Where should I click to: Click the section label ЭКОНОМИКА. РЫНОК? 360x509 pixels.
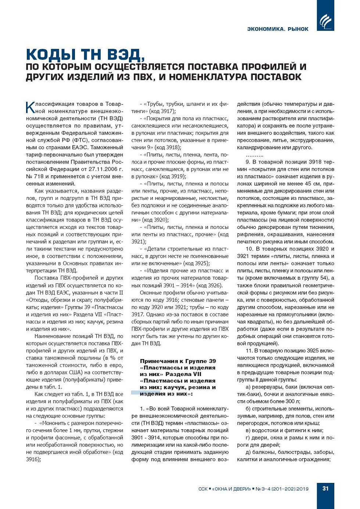tap(278, 29)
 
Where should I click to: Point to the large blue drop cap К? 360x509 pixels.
tap(30, 108)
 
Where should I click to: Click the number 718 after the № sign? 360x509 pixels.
tap(39, 176)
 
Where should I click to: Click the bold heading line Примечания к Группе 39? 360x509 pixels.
tap(178, 361)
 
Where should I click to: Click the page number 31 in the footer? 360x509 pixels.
tap(325, 488)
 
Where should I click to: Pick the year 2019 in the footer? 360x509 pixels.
tap(302, 489)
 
